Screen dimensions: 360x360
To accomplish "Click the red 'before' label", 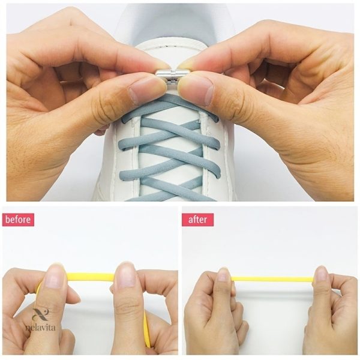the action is (18, 220).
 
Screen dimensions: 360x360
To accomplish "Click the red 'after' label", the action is (197, 220).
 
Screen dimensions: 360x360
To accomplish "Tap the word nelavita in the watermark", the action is (40, 327).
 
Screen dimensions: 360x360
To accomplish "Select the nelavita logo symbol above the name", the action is (41, 314).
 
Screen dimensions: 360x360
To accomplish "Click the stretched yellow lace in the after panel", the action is (273, 280).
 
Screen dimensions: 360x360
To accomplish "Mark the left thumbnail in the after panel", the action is (223, 275).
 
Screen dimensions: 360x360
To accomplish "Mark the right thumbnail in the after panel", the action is (321, 274).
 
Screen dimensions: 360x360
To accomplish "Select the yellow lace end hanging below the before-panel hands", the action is (147, 331).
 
